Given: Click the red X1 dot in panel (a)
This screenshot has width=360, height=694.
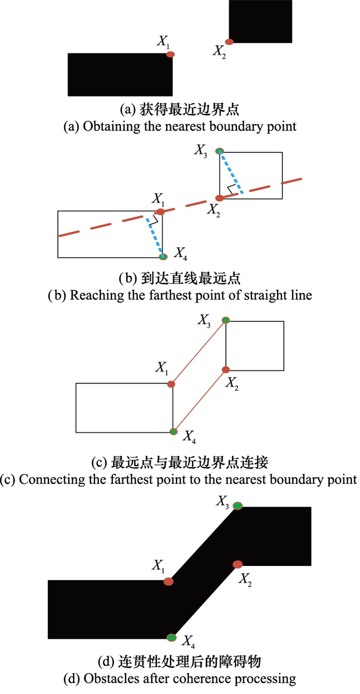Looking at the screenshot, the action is pos(170,54).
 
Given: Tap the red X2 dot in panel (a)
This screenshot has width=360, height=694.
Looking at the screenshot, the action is pos(229,42).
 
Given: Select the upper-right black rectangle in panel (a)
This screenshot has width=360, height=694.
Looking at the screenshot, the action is pos(260,22).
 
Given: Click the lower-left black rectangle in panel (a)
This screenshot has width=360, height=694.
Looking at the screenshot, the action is pos(120,75).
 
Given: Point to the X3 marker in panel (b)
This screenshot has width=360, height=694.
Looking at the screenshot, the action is pos(220,151).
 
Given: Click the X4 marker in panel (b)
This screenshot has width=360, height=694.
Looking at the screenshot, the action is pos(163,257).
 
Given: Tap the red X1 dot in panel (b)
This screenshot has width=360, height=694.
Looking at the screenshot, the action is pos(160,212).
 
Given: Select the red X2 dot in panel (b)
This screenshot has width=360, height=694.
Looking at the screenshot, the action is pos(220,198).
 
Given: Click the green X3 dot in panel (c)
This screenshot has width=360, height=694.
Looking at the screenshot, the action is pos(226,320).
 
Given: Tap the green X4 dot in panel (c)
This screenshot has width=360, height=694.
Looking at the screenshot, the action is pos(174,431).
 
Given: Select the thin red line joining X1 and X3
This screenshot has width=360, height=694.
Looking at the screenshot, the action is pos(199,352).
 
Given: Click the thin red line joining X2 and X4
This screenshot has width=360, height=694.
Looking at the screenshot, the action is pos(200,400).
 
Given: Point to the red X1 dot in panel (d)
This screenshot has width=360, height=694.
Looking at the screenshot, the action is pos(168,581).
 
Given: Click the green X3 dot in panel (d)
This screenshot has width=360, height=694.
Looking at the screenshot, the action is pos(238,506).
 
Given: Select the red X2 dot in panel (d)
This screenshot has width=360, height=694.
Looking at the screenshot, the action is pos(238,564).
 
